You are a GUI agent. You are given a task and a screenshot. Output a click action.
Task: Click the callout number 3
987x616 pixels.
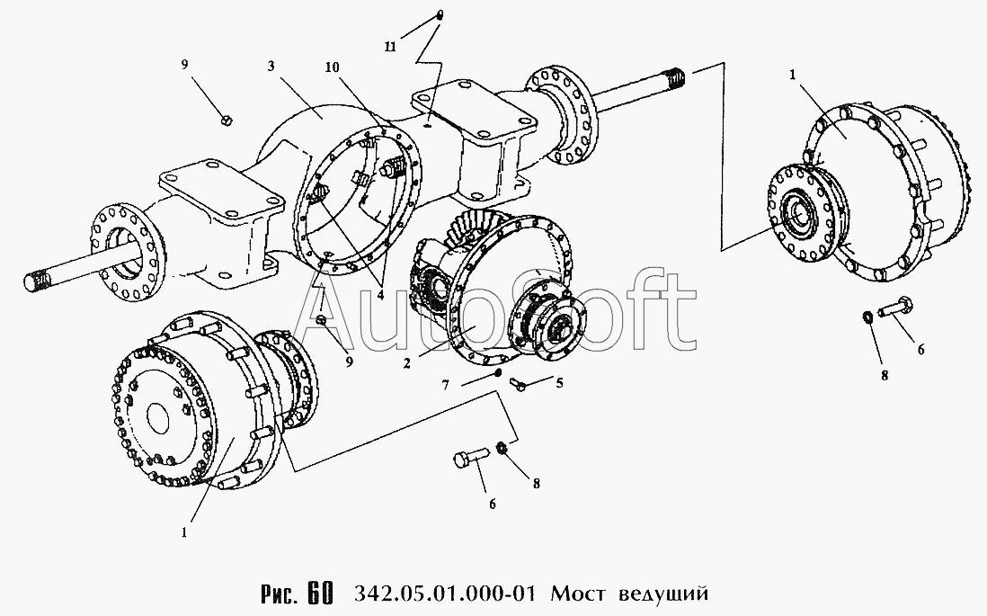271,67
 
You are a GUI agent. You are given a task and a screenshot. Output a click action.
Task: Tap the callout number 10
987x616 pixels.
333,67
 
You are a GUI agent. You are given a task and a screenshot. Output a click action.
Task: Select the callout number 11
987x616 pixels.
390,48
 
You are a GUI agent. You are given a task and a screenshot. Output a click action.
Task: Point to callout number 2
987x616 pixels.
407,363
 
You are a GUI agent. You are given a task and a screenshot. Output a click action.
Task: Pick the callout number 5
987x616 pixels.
558,382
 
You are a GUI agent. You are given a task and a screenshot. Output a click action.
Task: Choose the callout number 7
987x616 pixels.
446,385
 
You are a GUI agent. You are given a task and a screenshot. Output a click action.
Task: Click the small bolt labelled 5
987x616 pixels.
520,382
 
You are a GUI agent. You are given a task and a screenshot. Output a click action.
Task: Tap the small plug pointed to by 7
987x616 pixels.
497,373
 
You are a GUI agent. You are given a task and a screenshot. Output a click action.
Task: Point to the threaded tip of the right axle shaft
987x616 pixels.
675,79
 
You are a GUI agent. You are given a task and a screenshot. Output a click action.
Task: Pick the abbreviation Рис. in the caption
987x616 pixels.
280,594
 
